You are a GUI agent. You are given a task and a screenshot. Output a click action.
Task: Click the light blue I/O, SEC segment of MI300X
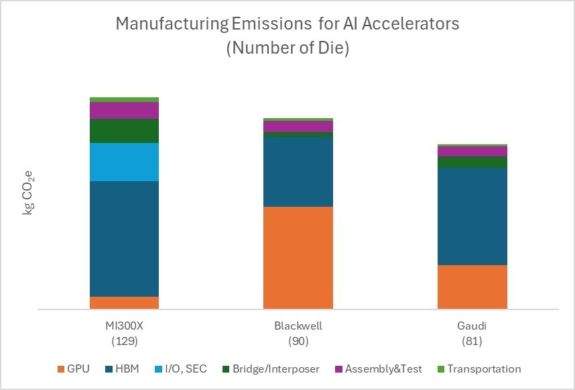point(124,162)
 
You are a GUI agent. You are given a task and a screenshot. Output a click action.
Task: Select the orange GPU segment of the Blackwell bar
point(298,257)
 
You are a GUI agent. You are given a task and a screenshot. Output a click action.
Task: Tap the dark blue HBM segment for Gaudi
point(472,216)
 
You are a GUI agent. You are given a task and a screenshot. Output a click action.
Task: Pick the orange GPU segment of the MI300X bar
point(124,303)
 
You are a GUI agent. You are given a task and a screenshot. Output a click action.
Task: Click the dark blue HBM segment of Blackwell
point(298,171)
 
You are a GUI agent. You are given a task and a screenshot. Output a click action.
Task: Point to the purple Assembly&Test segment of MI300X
point(124,110)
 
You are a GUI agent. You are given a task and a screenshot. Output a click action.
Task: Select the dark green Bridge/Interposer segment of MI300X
point(124,131)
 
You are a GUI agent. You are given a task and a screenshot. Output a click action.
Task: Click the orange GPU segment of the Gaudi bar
point(472,287)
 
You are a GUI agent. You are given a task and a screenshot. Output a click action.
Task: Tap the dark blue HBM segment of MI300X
point(124,238)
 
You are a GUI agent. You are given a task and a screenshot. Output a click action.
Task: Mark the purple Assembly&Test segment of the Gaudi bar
point(472,151)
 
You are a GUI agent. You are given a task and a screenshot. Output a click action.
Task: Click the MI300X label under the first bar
point(124,326)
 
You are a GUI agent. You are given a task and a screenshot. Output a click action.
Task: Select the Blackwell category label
point(298,326)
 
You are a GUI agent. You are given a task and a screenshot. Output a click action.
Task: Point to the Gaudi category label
point(472,326)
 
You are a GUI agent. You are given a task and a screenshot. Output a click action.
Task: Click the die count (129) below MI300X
point(124,341)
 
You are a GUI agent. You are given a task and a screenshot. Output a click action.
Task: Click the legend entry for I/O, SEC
point(185,369)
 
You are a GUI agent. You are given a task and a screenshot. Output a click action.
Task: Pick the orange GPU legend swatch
point(63,369)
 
